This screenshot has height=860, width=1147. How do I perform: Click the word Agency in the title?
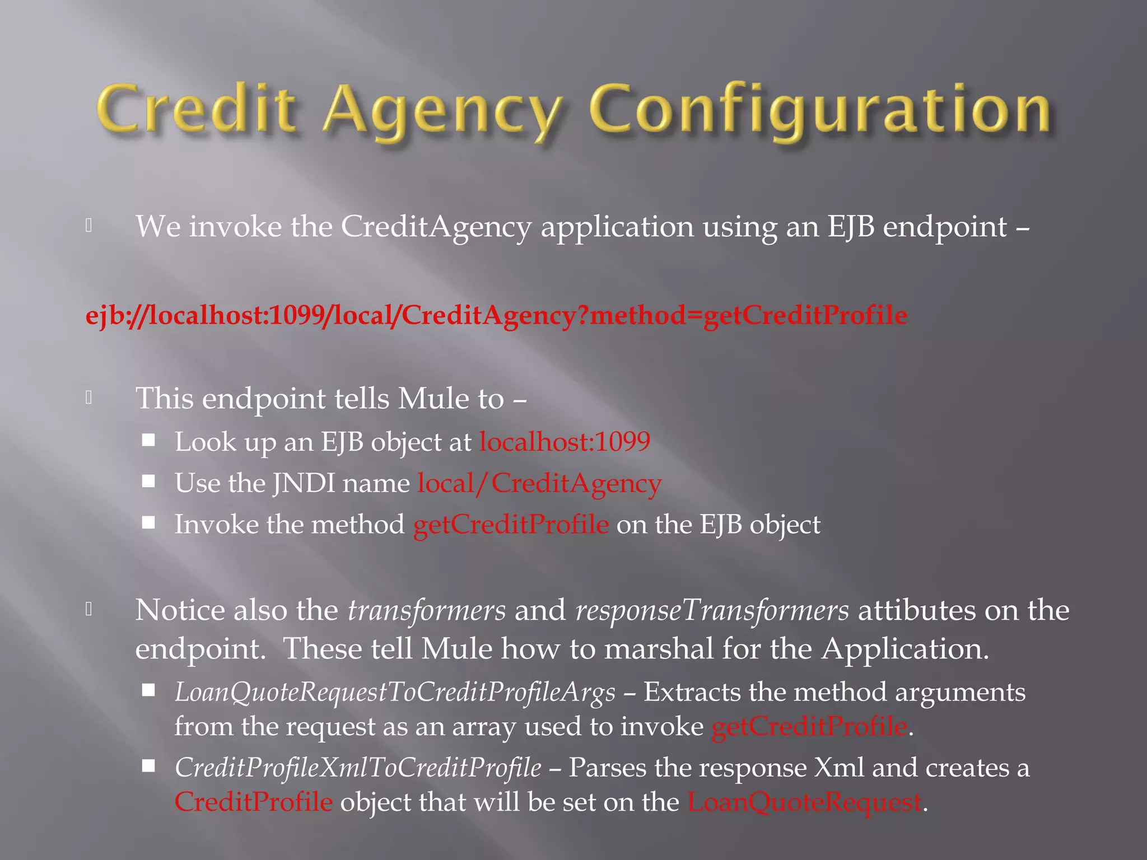442,112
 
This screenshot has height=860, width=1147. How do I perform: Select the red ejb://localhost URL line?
496,315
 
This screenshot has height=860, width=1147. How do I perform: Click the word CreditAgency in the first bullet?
436,227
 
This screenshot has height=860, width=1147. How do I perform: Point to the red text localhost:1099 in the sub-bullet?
565,442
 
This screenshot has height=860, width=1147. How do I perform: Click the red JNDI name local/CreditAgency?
539,483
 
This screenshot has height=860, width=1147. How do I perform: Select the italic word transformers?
427,610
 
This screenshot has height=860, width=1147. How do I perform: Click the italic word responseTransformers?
712,610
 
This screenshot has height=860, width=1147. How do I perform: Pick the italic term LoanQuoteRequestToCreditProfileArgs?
395,692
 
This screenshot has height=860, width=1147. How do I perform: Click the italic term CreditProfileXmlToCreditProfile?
358,768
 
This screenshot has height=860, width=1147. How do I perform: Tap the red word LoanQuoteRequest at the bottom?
804,802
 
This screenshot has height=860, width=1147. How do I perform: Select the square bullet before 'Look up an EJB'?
148,440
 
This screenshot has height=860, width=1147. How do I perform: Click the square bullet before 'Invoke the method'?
148,523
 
